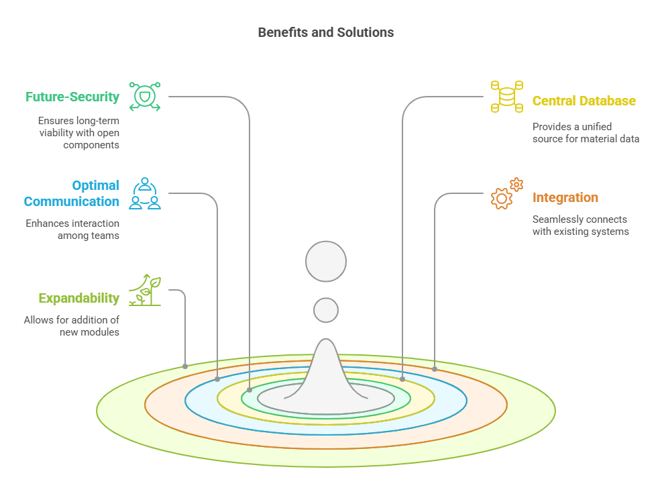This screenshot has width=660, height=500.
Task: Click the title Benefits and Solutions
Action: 326,32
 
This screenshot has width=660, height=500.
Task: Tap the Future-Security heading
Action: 72,97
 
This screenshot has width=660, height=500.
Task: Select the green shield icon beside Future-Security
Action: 145,97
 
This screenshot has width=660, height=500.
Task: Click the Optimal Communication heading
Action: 72,193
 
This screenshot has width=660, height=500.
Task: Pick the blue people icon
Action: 145,193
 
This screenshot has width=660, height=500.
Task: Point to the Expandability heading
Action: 78,298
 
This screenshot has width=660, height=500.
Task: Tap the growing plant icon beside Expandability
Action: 145,291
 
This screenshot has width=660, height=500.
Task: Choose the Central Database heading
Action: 584,101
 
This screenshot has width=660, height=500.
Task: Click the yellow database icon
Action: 506,97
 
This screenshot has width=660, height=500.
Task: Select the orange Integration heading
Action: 565,198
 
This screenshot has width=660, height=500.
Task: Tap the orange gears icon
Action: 506,193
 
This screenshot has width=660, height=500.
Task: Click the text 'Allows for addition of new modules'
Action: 72,326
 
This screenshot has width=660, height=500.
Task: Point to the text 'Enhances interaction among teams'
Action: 72,230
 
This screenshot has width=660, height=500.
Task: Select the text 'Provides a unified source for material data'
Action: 585,133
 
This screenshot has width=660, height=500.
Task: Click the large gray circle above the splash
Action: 326,261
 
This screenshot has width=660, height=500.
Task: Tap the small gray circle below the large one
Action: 326,309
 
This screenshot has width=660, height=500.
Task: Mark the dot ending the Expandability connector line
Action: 185,366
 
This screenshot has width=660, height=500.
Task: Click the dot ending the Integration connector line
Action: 435,369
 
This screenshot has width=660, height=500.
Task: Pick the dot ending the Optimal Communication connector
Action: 217,379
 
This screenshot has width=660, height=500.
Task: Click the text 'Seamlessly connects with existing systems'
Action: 580,226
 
